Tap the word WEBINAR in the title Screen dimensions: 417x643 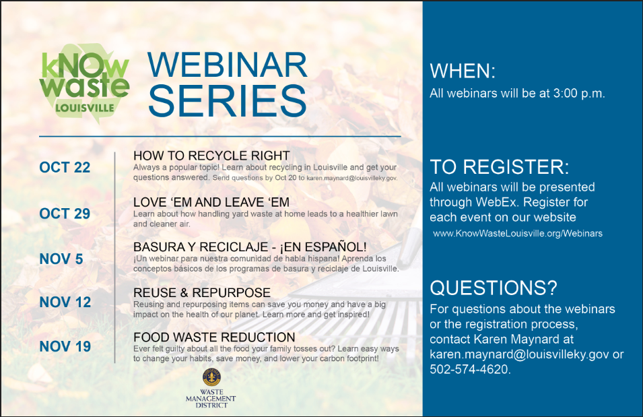[x=228, y=65]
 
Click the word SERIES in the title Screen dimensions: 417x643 [x=228, y=101]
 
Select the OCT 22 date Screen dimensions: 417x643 [x=65, y=168]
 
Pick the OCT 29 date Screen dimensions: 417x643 [x=65, y=214]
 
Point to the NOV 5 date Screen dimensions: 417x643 [x=61, y=259]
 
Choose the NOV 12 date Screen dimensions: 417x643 [x=65, y=302]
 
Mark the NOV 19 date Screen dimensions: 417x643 [x=65, y=346]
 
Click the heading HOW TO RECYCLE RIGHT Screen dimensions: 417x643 [x=211, y=156]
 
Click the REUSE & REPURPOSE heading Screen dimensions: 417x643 [x=202, y=292]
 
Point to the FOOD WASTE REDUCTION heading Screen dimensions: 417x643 [x=214, y=337]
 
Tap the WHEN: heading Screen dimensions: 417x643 [x=463, y=71]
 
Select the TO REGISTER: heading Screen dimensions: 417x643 [x=500, y=166]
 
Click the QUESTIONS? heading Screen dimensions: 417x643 [x=494, y=288]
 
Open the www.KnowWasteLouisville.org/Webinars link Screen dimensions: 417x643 [x=517, y=233]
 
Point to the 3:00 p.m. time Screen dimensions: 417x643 [x=578, y=94]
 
